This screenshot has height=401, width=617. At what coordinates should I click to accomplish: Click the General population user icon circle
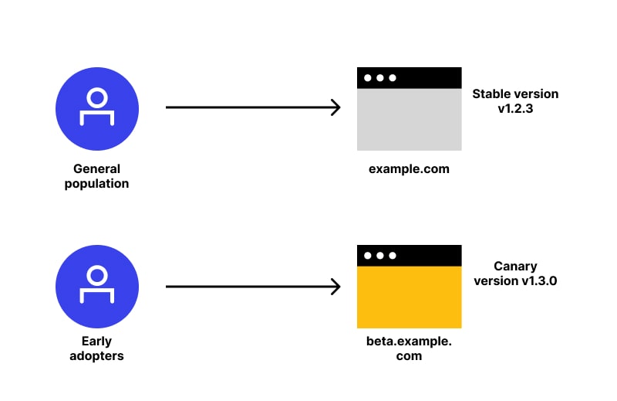click(x=97, y=108)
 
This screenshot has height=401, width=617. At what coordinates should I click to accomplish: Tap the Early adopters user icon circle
click(x=97, y=287)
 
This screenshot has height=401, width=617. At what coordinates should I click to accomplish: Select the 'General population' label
click(x=97, y=176)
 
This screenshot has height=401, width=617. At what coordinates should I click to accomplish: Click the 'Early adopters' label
click(x=97, y=348)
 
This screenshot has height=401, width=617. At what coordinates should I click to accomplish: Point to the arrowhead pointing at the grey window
click(x=335, y=107)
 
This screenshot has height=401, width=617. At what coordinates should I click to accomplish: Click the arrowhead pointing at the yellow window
click(x=335, y=287)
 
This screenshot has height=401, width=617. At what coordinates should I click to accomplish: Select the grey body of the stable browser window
click(x=409, y=120)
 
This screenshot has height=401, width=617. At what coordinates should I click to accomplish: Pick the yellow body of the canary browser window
click(x=409, y=297)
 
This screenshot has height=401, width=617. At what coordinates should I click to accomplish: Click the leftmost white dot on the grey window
click(x=368, y=78)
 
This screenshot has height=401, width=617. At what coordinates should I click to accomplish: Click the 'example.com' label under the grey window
click(x=409, y=168)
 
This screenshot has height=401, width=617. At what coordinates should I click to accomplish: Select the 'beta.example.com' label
click(x=409, y=348)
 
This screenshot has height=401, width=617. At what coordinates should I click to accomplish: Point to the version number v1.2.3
click(x=515, y=110)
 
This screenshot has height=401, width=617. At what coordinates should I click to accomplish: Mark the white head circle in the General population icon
click(x=97, y=98)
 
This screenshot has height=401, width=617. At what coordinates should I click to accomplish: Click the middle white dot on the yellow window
click(x=379, y=256)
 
